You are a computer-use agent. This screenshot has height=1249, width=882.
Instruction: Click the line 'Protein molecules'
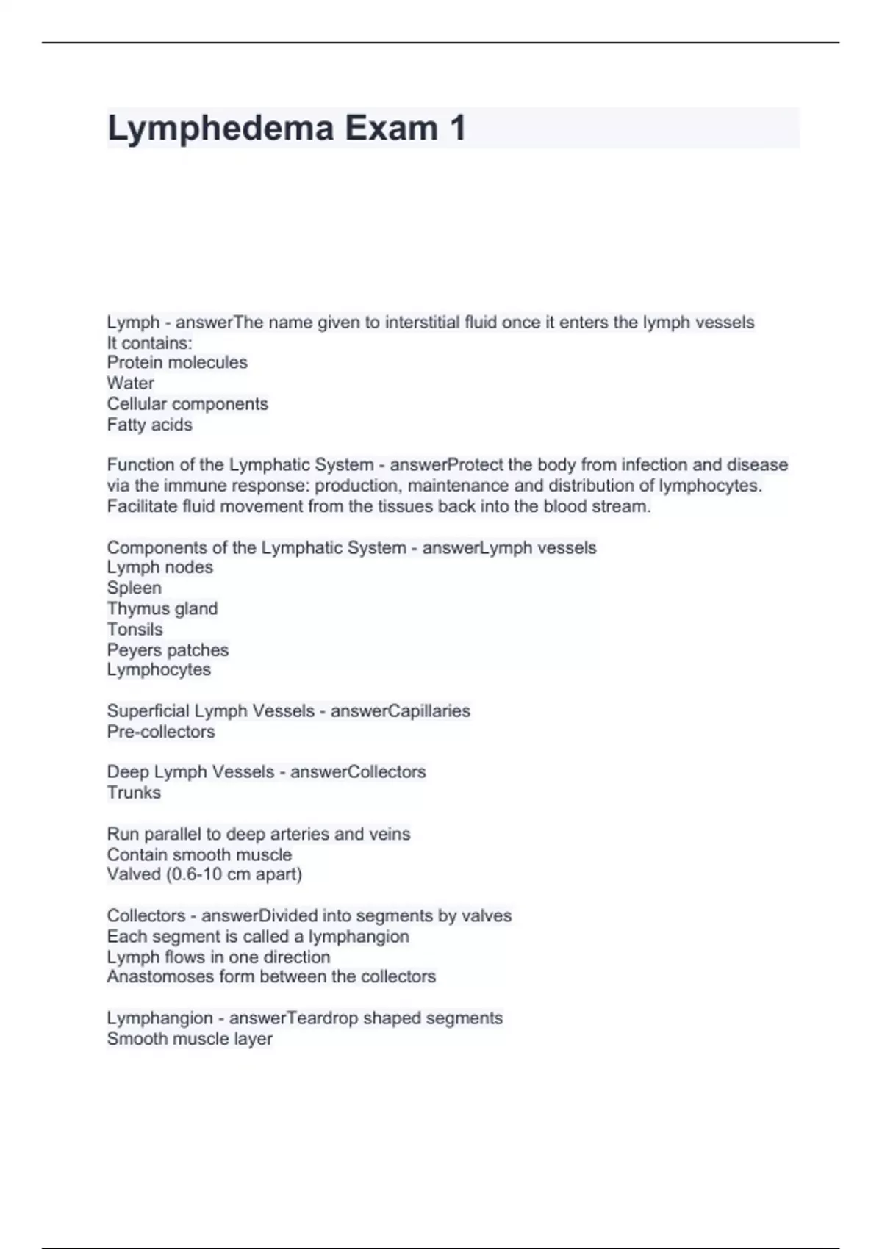177,362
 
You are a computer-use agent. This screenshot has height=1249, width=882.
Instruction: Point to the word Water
130,383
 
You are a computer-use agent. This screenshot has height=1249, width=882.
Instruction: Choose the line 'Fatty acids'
149,425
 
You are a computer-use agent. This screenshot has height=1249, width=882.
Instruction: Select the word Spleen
134,588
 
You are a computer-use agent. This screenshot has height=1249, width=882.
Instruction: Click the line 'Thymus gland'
162,608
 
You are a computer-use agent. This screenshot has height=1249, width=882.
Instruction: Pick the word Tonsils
135,629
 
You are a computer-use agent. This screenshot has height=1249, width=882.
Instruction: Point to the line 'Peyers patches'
168,650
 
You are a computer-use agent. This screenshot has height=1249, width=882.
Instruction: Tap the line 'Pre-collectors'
161,732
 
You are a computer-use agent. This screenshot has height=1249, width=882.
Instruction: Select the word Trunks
134,793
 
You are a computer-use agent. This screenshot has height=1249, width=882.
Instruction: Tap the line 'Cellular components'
187,404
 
